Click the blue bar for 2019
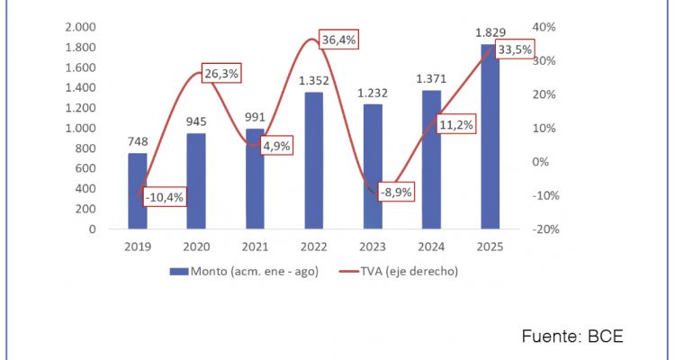pos(137,191)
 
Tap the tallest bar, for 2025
pos(491,137)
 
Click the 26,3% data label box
pos(220,75)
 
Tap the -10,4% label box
pos(164,197)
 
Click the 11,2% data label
pos(456,124)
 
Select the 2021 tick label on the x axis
pos(255,246)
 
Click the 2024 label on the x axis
pos(432,246)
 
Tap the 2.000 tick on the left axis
pos(81,27)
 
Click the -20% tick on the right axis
pos(547,229)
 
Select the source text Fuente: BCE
pos(572,336)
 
